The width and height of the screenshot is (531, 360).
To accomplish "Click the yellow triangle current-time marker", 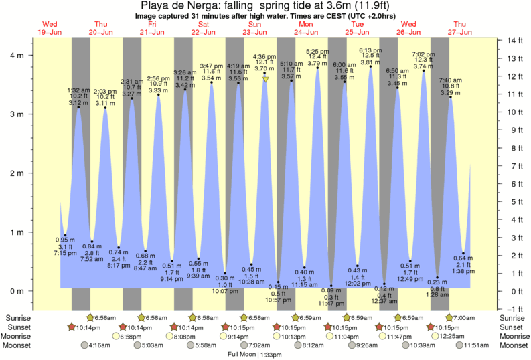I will [266, 80].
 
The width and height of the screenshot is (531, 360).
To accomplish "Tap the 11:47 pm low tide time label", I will [331, 304].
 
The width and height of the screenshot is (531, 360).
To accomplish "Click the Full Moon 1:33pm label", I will [254, 354].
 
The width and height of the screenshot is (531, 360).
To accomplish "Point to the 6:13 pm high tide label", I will [370, 50].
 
